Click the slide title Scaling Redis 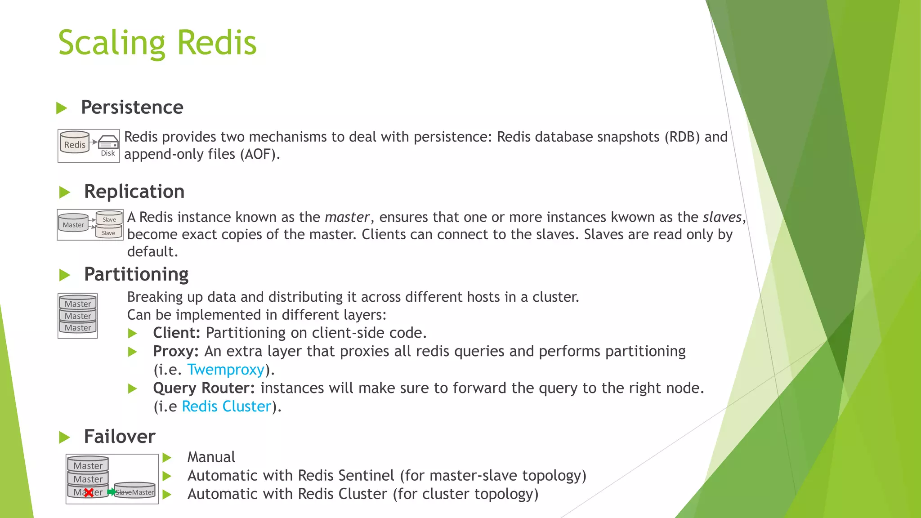pyautogui.click(x=157, y=43)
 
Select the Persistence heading pyautogui.click(x=132, y=107)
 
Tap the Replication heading pyautogui.click(x=134, y=192)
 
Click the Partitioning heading pyautogui.click(x=136, y=274)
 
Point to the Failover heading pyautogui.click(x=120, y=437)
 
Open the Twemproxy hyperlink pyautogui.click(x=226, y=370)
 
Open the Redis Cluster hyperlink pyautogui.click(x=227, y=406)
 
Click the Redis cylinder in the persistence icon pyautogui.click(x=75, y=143)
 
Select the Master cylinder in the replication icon pyautogui.click(x=73, y=223)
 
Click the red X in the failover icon pyautogui.click(x=89, y=493)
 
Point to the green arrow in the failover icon pyautogui.click(x=111, y=492)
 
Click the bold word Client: pyautogui.click(x=176, y=333)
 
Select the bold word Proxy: pyautogui.click(x=175, y=351)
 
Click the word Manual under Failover pyautogui.click(x=211, y=457)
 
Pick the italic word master pyautogui.click(x=347, y=217)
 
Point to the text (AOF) pyautogui.click(x=259, y=154)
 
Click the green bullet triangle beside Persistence pyautogui.click(x=62, y=108)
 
